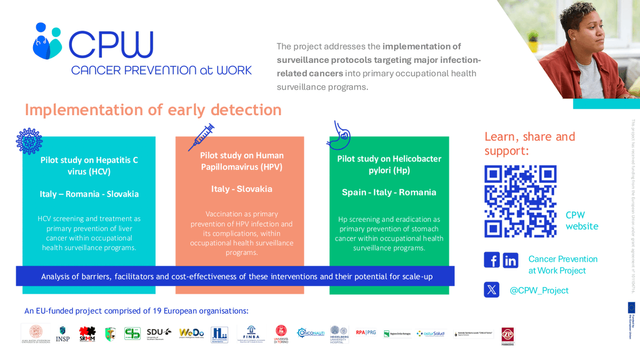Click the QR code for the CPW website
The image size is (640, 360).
(520, 201)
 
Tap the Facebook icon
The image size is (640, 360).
(492, 260)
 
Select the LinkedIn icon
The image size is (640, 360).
(510, 260)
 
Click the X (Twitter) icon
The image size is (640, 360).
(492, 290)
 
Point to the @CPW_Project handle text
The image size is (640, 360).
(539, 290)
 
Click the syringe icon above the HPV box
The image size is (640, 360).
(201, 137)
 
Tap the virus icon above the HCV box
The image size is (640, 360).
(29, 141)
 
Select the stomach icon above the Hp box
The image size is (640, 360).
(339, 135)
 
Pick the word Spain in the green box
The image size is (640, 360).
(354, 192)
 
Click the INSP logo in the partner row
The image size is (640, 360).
(63, 334)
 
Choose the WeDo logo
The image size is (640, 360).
(191, 333)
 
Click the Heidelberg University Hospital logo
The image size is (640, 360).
(339, 334)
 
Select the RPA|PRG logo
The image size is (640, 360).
(366, 332)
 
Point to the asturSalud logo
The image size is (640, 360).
(430, 333)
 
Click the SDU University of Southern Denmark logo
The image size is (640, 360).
(159, 333)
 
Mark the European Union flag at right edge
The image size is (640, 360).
(631, 307)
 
